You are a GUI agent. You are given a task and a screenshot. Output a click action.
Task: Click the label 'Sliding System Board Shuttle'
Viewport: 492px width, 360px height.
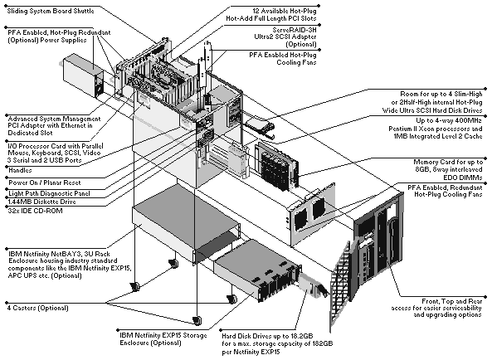tap(51, 11)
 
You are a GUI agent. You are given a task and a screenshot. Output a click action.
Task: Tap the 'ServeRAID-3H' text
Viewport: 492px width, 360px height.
tap(295, 30)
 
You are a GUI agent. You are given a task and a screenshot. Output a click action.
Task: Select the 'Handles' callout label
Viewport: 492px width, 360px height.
tap(20, 170)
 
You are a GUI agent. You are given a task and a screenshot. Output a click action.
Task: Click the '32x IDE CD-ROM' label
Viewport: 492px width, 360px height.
tap(35, 211)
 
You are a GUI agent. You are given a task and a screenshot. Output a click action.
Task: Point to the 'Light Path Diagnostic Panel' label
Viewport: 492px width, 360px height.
tap(49, 193)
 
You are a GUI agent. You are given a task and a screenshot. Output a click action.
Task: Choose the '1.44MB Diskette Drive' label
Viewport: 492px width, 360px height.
tap(42, 202)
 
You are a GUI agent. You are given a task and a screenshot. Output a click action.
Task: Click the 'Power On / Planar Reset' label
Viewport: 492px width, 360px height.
tap(45, 182)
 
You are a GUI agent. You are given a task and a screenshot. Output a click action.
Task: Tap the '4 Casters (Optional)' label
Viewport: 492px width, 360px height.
tap(37, 308)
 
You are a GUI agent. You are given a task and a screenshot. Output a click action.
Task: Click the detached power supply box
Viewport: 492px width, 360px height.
tap(83, 75)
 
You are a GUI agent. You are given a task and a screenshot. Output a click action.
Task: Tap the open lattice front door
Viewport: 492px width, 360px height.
tap(340, 285)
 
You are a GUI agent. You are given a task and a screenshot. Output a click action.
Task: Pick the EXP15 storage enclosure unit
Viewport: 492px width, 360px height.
tap(257, 270)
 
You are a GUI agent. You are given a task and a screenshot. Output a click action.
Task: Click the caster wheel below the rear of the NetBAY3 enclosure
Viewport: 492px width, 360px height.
tap(173, 263)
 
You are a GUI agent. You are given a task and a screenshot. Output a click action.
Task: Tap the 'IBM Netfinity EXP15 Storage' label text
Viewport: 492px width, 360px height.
tap(163, 336)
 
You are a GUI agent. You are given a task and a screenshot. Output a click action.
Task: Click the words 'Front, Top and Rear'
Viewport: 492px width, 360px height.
tap(452, 301)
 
